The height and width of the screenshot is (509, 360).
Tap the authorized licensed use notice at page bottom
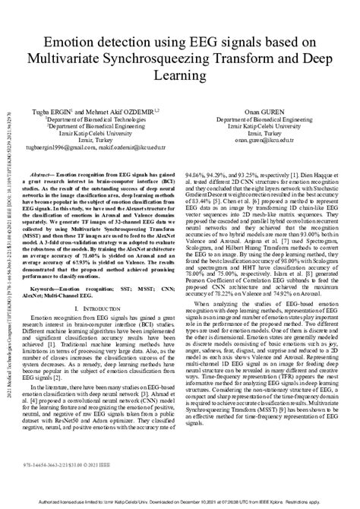[x=180, y=501]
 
